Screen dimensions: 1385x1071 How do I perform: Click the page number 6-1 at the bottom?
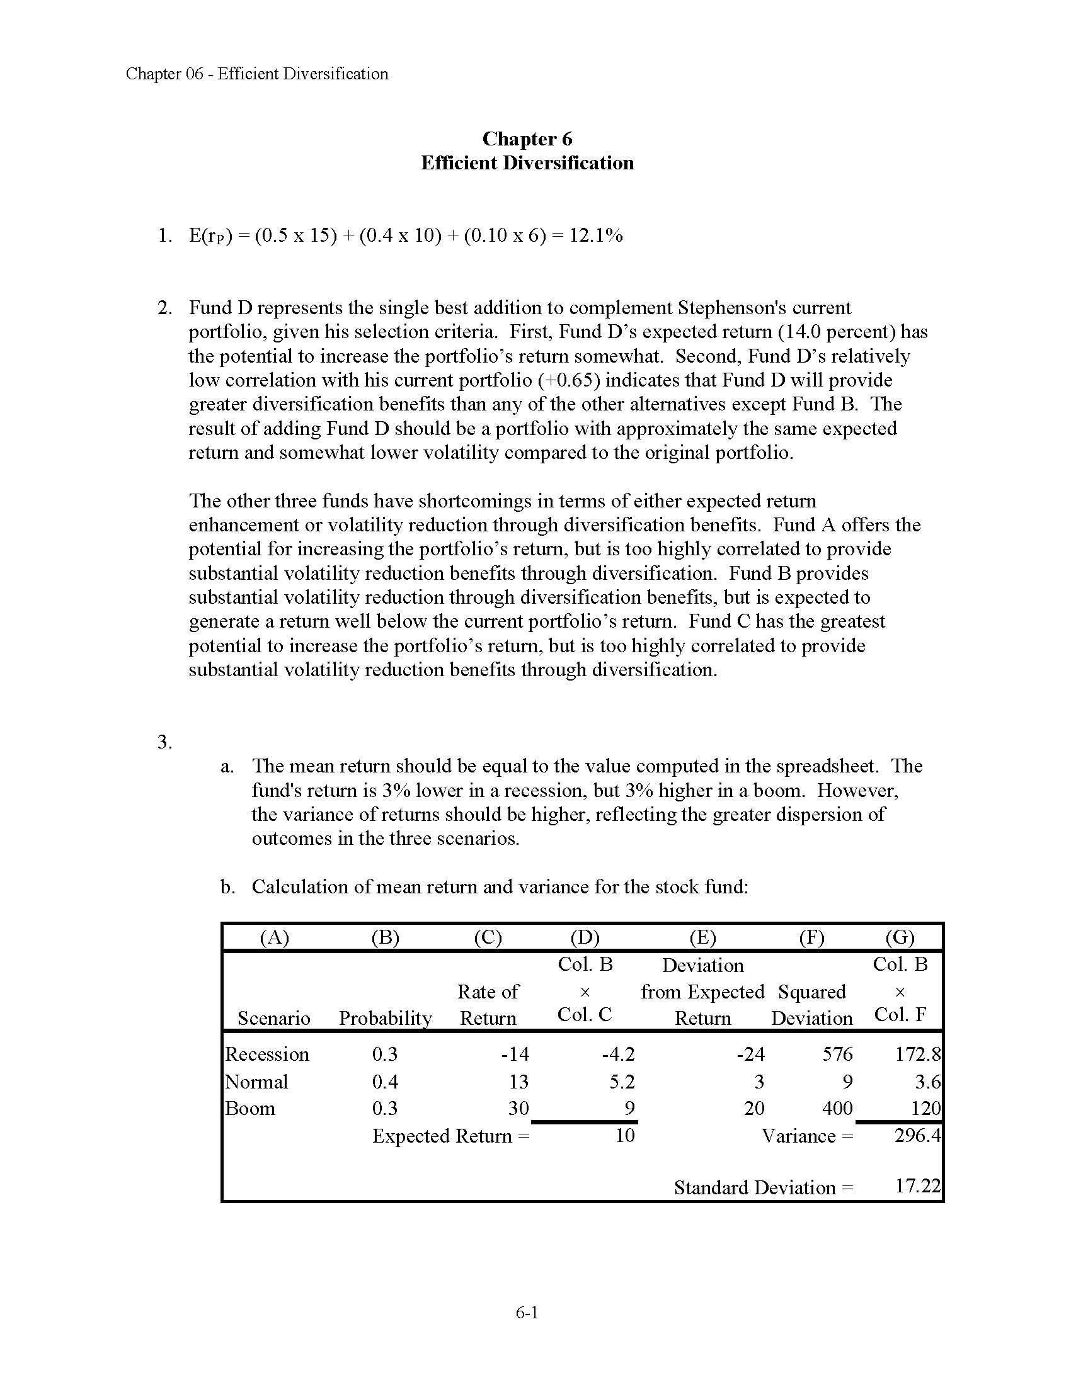[x=527, y=1312]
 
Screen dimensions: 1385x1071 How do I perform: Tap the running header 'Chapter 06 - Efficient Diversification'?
[x=257, y=74]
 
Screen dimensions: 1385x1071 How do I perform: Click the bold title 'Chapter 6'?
[x=527, y=138]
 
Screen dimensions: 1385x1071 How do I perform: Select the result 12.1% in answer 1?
[x=596, y=236]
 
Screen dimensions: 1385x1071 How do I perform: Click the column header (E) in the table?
[x=702, y=937]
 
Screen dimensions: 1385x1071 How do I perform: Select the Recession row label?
[x=267, y=1054]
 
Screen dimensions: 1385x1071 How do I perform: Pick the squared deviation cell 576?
[x=837, y=1054]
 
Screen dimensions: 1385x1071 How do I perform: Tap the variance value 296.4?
[x=917, y=1136]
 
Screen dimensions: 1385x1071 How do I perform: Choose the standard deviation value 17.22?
[x=917, y=1187]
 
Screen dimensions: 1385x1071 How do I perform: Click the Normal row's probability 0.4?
[x=384, y=1082]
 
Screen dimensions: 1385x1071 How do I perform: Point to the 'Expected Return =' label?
[x=450, y=1136]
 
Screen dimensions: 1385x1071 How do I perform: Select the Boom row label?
[x=251, y=1109]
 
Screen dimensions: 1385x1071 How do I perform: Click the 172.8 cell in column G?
[x=917, y=1054]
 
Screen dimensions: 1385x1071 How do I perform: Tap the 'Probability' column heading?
[x=385, y=1019]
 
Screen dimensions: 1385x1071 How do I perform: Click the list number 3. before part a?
[x=165, y=742]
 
